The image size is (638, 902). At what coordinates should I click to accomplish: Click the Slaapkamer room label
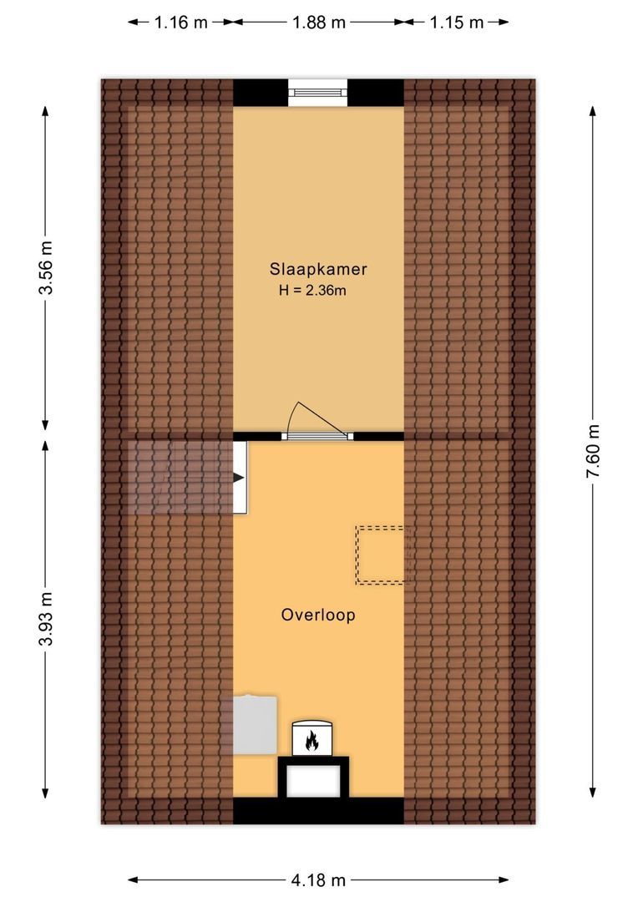click(318, 269)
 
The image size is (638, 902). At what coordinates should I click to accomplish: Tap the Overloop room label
click(318, 615)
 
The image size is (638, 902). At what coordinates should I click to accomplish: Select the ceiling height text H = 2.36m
click(312, 291)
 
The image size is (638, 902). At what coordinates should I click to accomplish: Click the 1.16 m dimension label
click(180, 23)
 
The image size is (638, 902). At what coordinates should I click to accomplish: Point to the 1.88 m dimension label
click(319, 23)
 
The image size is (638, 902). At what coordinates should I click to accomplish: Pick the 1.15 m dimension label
click(457, 23)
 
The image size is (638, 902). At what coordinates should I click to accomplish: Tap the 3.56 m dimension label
click(45, 267)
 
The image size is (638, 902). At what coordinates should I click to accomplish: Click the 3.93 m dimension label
click(45, 618)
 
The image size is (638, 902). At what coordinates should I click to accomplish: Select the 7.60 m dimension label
click(593, 451)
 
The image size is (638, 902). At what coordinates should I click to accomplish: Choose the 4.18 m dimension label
click(318, 879)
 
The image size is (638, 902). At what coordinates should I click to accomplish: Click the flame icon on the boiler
click(311, 740)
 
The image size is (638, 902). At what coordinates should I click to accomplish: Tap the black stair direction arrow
click(239, 478)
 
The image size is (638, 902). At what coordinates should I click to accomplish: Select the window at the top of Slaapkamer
click(318, 92)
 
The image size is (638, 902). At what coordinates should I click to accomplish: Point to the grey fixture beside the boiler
click(255, 725)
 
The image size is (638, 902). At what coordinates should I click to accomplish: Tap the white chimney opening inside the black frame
click(313, 781)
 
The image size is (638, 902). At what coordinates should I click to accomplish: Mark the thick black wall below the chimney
click(318, 810)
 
